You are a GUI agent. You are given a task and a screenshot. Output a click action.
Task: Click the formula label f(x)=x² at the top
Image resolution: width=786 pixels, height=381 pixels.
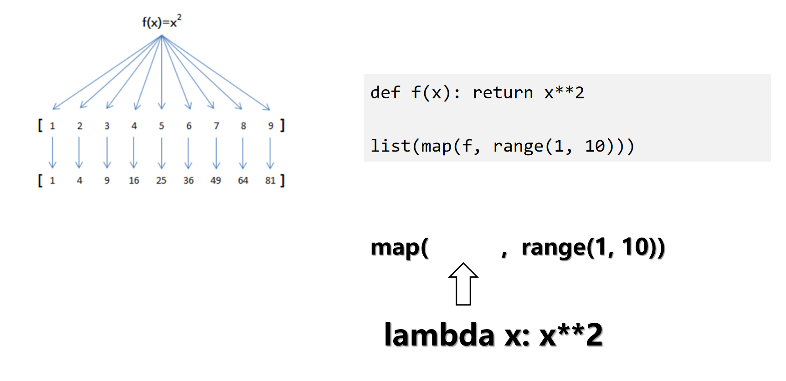162,21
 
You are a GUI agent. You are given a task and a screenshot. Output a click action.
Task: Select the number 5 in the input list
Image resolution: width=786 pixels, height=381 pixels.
161,126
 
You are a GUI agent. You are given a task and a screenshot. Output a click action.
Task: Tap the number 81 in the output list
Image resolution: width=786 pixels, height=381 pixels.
270,181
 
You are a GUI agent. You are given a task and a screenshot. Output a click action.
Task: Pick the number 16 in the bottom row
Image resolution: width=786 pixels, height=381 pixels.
134,181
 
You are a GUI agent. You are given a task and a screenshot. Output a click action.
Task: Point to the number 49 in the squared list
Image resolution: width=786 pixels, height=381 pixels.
216,181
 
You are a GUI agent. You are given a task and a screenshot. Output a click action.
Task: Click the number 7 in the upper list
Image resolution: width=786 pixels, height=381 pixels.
216,126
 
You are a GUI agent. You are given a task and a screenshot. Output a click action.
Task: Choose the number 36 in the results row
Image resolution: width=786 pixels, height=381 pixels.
189,181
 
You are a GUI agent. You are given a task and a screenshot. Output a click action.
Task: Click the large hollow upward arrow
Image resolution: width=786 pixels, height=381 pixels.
463,284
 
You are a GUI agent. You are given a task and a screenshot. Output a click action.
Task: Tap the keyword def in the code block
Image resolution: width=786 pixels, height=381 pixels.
385,93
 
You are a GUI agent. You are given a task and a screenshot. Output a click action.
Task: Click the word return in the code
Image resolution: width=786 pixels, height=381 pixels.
503,93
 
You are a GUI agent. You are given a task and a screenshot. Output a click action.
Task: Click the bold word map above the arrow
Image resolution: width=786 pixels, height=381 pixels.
395,248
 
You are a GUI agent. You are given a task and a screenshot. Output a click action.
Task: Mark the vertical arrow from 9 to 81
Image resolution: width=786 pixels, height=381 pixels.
270,153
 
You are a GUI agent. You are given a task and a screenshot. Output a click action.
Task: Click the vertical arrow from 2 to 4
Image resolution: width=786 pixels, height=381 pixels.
79,153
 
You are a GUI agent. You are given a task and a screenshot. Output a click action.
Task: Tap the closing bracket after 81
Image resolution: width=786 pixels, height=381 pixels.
283,181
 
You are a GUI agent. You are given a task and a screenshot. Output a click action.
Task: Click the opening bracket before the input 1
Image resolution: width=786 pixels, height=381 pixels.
40,125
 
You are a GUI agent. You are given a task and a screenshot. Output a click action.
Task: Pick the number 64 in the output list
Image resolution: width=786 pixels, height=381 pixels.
243,181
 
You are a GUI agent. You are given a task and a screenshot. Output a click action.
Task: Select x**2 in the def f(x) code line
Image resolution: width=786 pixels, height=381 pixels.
564,93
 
